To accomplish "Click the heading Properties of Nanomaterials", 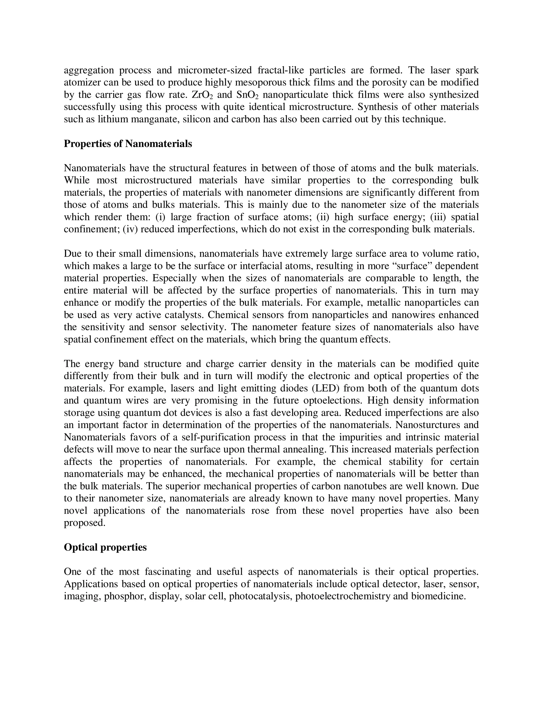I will pos(128,144).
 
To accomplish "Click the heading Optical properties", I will pos(105,547).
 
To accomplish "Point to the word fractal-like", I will pos(282,70).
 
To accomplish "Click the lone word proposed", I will pos(84,523).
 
